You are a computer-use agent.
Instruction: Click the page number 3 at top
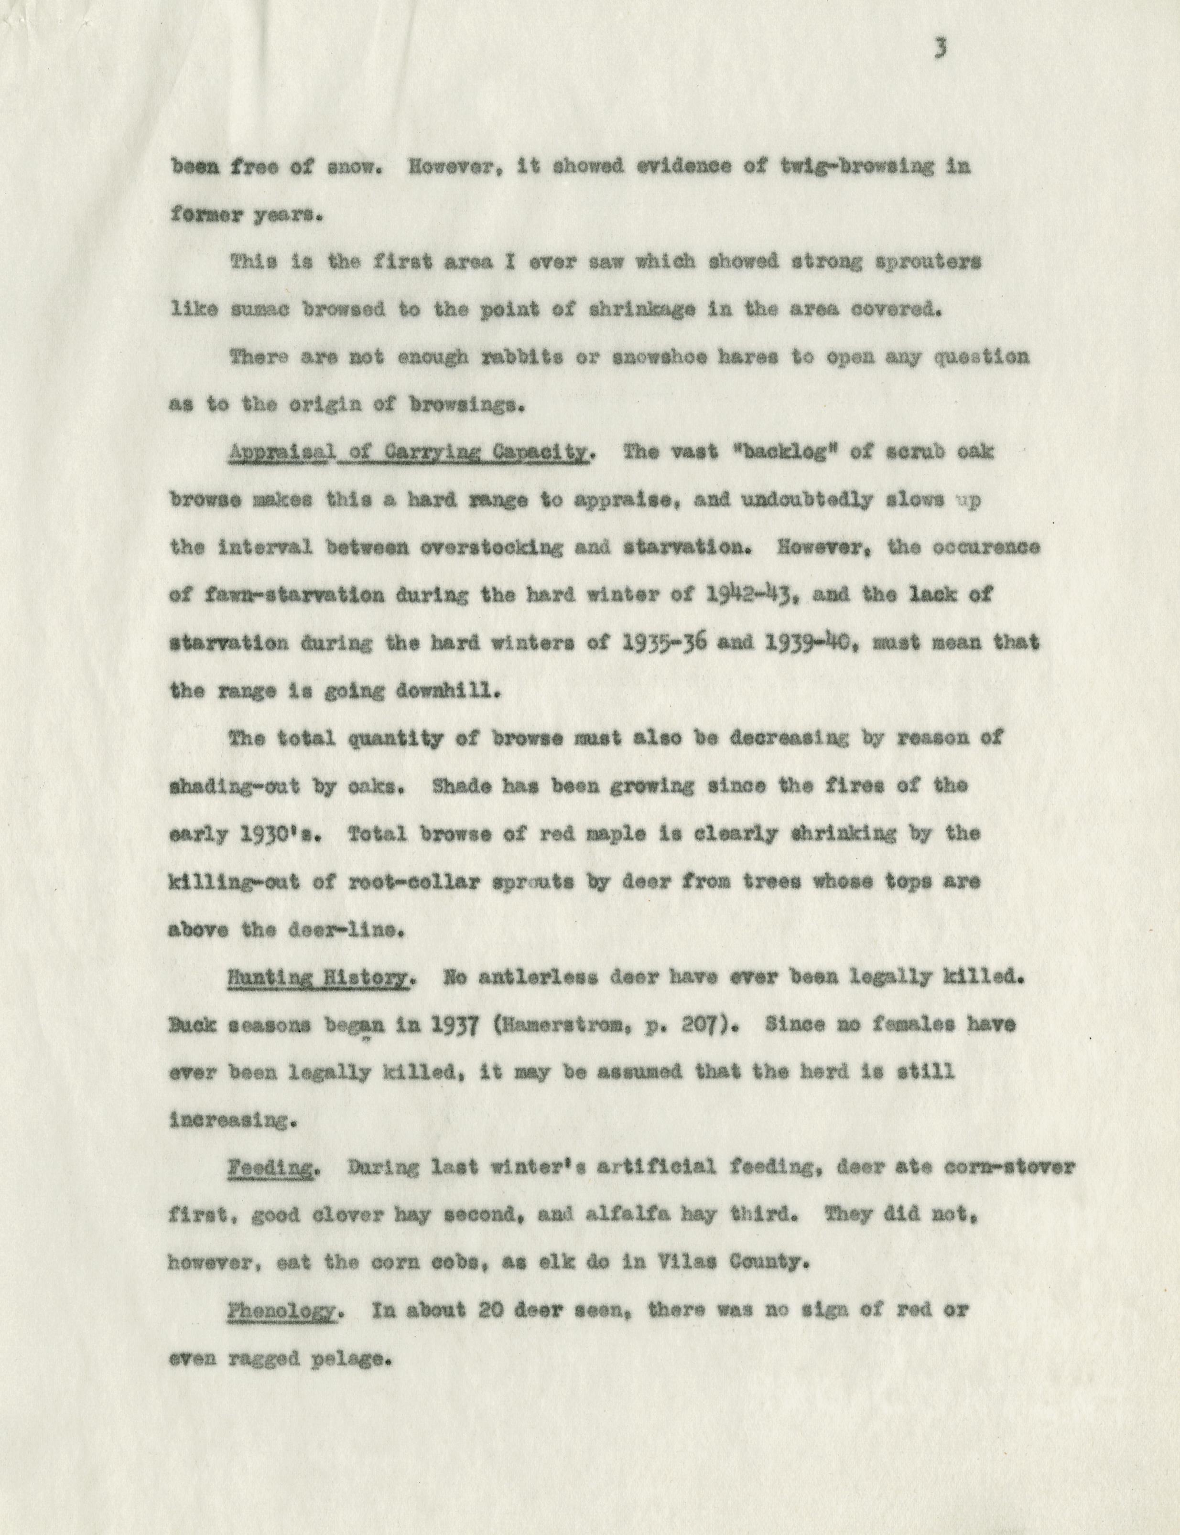pyautogui.click(x=941, y=49)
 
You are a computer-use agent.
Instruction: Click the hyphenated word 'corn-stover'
pyautogui.click(x=1005, y=1167)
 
